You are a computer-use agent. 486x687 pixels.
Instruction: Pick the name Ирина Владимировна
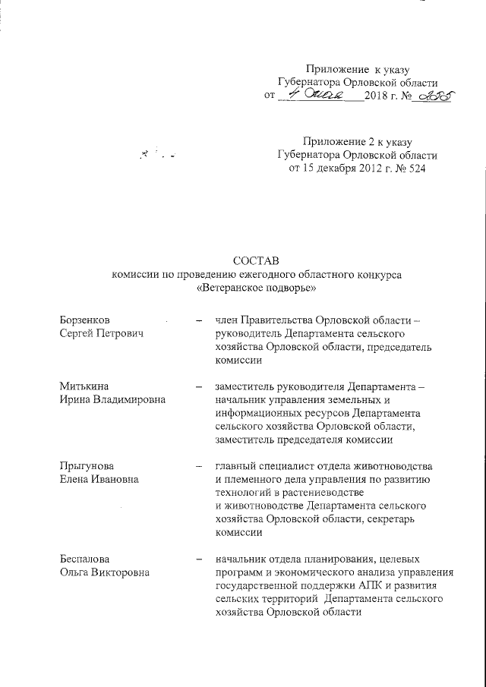[x=113, y=400]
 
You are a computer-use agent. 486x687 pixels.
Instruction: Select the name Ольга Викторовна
[x=105, y=572]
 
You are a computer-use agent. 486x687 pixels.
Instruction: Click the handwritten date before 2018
[x=321, y=95]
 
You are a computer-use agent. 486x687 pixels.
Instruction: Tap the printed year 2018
[x=376, y=96]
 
